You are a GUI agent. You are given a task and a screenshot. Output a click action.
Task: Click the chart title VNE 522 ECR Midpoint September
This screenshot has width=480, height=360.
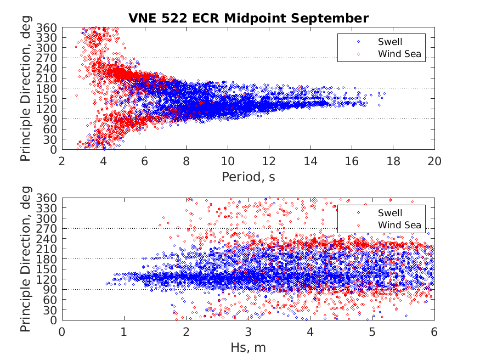(x=248, y=18)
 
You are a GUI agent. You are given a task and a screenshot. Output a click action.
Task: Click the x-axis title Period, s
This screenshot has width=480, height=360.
(x=248, y=177)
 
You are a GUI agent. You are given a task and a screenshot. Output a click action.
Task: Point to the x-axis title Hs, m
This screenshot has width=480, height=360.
(x=248, y=347)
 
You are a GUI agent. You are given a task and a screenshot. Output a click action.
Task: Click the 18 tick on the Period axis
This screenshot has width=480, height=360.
(x=393, y=161)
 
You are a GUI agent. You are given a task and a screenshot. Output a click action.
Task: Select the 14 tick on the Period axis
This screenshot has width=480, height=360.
(x=310, y=161)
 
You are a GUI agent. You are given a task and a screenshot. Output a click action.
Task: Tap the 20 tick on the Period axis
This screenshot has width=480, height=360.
(x=434, y=161)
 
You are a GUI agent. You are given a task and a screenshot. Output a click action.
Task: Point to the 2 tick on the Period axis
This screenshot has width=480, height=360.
(x=62, y=161)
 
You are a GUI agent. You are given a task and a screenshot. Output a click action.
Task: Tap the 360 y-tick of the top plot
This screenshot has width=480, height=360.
(x=49, y=27)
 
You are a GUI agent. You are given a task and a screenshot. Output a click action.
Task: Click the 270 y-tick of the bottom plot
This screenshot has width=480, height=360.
(x=49, y=228)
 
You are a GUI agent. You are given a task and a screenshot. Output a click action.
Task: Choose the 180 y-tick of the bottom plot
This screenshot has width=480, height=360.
(x=49, y=259)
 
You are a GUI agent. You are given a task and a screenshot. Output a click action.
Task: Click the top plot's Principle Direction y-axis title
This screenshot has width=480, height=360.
(x=26, y=88)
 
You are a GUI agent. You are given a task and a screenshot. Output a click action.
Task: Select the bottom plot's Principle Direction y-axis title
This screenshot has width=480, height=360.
(x=26, y=258)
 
